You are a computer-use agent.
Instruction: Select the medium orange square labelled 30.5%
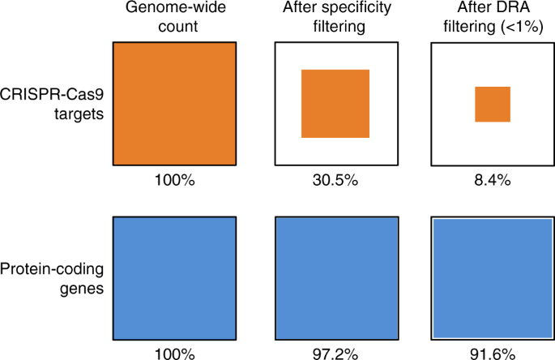(335, 103)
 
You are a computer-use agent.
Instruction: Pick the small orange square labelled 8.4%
(493, 104)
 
